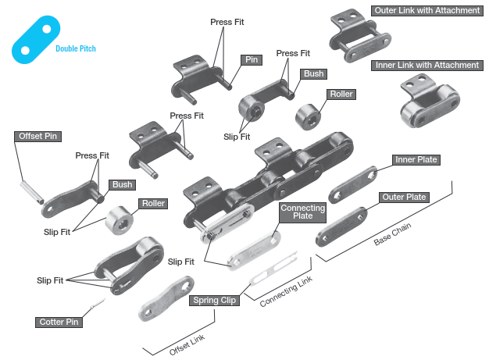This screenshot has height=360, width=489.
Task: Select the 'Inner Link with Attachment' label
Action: (x=427, y=65)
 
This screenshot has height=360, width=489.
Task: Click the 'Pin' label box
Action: (x=252, y=59)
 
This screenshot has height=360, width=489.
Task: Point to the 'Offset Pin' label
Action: (x=37, y=136)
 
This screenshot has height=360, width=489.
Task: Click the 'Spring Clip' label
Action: (x=214, y=300)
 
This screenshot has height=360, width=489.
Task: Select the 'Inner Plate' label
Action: (x=416, y=160)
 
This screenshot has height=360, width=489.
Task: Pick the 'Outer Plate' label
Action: (x=405, y=198)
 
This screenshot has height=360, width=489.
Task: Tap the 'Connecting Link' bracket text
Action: (x=286, y=290)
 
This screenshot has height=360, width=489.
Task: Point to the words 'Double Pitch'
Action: (x=76, y=48)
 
